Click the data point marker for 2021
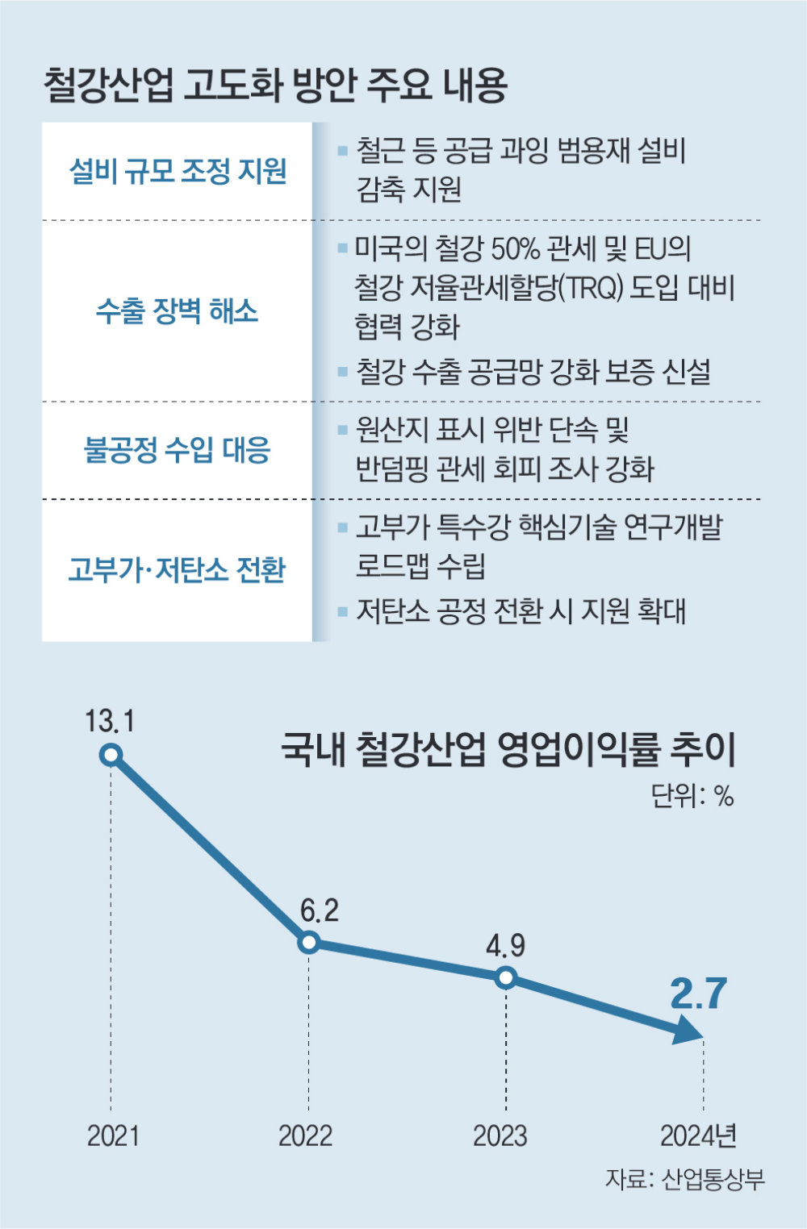click(x=111, y=755)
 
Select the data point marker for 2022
click(x=308, y=942)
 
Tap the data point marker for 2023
click(x=506, y=977)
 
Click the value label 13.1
click(x=110, y=720)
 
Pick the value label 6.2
click(x=320, y=910)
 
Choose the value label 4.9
click(x=505, y=945)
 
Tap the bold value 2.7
click(x=699, y=994)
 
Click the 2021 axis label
click(x=113, y=1135)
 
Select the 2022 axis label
click(x=305, y=1135)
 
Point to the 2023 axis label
click(x=500, y=1135)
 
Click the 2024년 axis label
click(x=699, y=1135)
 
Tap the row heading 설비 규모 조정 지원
click(x=178, y=171)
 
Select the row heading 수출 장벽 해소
click(x=178, y=310)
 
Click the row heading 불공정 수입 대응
click(x=178, y=450)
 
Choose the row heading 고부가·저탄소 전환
click(x=178, y=570)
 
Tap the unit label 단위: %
click(x=692, y=797)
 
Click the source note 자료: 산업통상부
click(x=684, y=1179)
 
